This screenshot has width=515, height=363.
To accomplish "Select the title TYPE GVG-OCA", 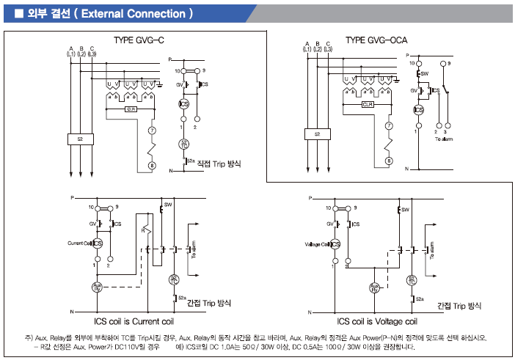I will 377,40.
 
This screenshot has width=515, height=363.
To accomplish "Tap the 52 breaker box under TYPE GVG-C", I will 80,138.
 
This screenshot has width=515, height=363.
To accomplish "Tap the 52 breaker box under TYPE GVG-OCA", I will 317,134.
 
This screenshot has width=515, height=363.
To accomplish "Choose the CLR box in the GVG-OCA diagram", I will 368,105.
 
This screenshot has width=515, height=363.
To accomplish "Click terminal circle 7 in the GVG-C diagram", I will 153,131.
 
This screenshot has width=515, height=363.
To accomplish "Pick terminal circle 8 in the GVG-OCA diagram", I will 389,160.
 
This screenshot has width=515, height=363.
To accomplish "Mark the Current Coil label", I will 78,243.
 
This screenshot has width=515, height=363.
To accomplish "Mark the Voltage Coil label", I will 318,243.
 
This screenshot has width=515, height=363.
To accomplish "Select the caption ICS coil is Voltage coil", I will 377,321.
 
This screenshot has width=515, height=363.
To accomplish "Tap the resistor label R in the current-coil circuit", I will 143,230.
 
